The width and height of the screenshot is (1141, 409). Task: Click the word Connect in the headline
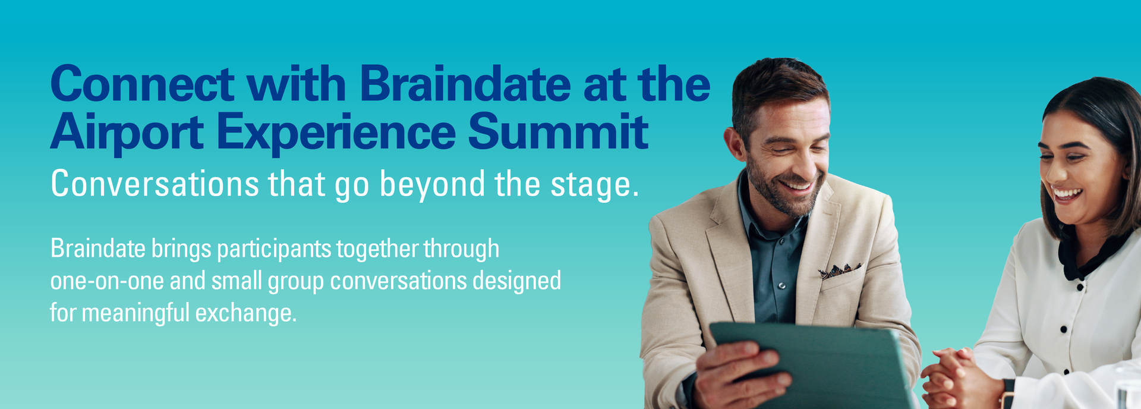click(143, 84)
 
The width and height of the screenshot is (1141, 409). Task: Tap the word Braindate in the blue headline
click(465, 84)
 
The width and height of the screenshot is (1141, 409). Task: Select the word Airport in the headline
click(127, 133)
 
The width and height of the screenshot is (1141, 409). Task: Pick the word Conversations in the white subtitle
click(155, 184)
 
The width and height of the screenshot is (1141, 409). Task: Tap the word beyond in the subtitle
click(433, 185)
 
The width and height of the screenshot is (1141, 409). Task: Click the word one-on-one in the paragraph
click(107, 281)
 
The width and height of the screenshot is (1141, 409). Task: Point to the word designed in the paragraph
click(516, 281)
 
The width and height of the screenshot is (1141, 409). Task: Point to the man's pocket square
click(840, 270)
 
